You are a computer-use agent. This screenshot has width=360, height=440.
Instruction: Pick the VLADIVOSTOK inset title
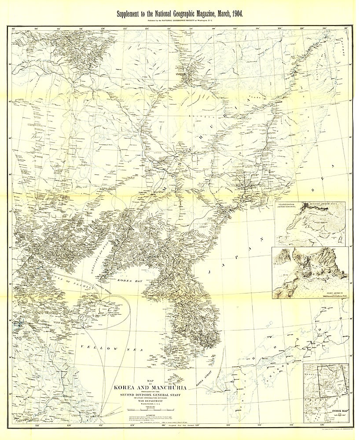click(287, 205)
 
